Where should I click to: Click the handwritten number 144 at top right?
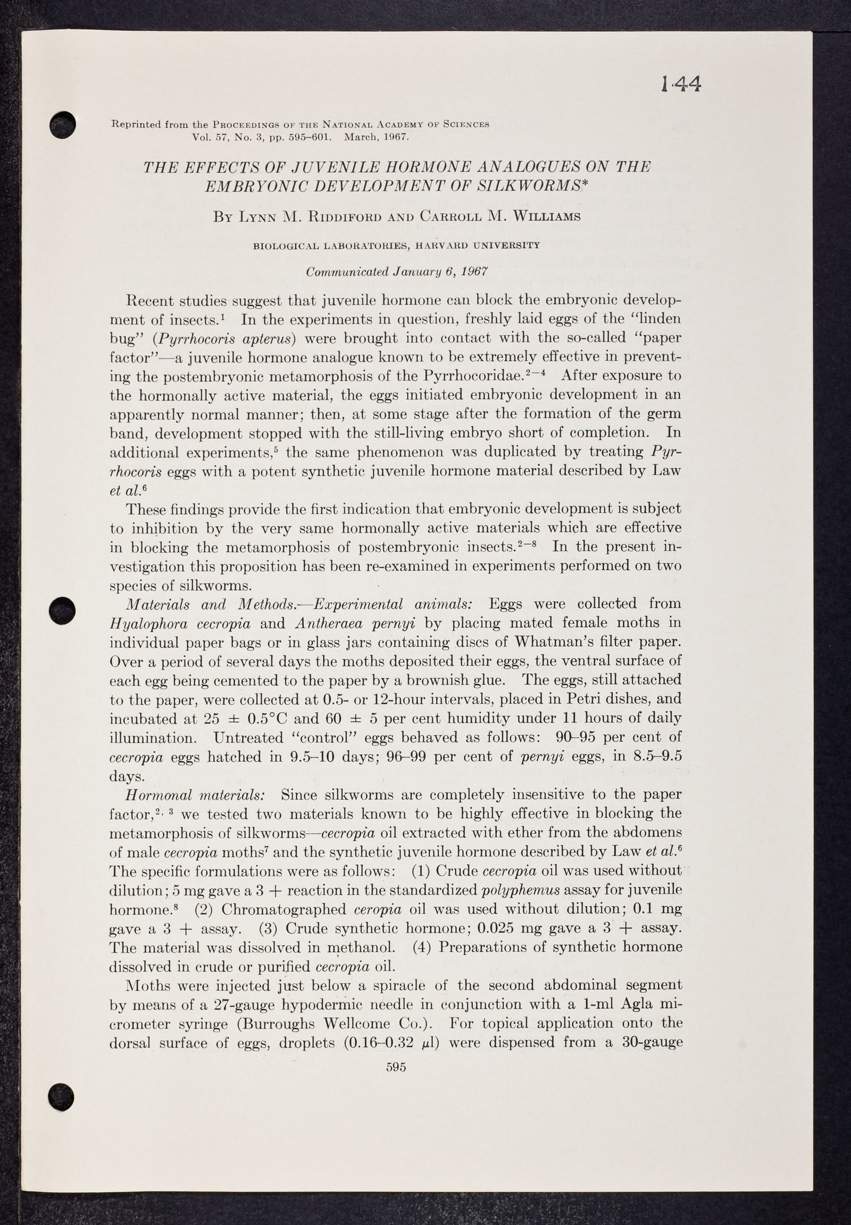681,83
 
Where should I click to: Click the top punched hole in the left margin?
62,124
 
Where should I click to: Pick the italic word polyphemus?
520,890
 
